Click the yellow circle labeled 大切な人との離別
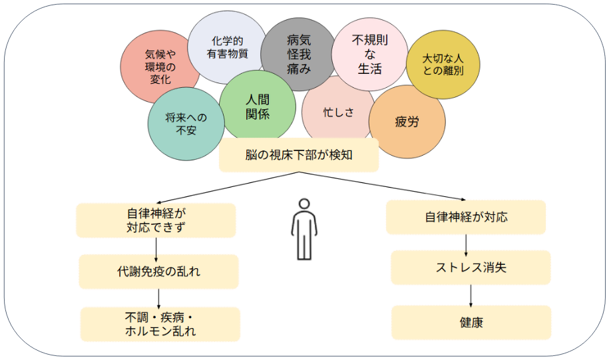pos(443,64)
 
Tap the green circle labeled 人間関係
pos(257,105)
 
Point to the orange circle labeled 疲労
pos(407,122)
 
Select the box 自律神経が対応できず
pos(156,220)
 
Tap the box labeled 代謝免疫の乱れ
pos(158,271)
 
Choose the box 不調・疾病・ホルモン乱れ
pos(160,324)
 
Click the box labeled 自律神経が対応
pos(465,217)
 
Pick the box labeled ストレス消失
pos(471,268)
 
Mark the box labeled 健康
pos(471,323)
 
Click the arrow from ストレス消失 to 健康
pos(471,295)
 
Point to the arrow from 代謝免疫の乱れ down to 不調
pos(159,298)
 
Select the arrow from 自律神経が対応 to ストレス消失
pos(466,243)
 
